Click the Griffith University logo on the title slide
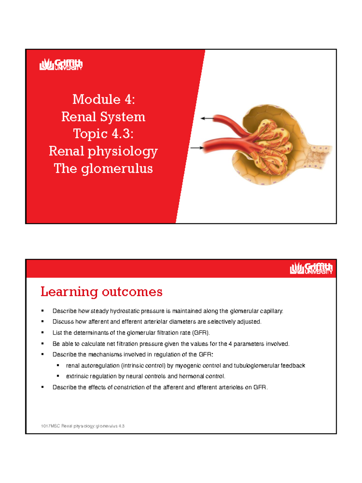point(61,65)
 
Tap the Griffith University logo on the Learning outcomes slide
point(311,268)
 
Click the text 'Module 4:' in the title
point(103,99)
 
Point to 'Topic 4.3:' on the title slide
point(103,134)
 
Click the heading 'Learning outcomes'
point(101,292)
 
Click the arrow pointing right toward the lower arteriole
point(197,148)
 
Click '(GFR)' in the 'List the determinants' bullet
point(201,333)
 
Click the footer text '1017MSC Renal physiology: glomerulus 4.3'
point(83,426)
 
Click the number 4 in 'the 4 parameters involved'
point(230,344)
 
